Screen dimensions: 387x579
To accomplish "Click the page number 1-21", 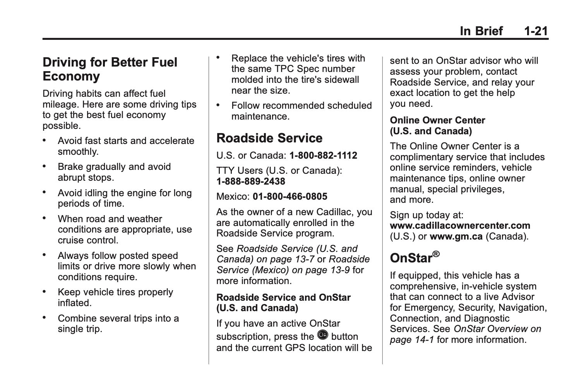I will click(536, 31).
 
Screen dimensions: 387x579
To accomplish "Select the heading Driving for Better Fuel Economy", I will click(110, 69).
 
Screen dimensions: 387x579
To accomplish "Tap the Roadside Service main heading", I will click(269, 138).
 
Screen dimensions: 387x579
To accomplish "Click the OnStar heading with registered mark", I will click(415, 257).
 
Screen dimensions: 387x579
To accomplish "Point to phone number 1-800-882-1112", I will click(323, 156).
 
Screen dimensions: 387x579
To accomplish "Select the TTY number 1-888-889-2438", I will click(251, 182).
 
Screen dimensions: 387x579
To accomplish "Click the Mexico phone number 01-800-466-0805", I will click(290, 197).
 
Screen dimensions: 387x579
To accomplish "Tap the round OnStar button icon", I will click(322, 335).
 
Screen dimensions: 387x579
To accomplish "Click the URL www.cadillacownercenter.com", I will click(460, 226).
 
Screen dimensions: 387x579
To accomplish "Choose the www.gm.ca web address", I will click(456, 236).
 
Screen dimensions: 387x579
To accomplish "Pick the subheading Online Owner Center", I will click(437, 120).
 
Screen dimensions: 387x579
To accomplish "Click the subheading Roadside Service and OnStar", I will click(283, 298).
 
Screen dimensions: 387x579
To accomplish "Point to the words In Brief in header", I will click(481, 31).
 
